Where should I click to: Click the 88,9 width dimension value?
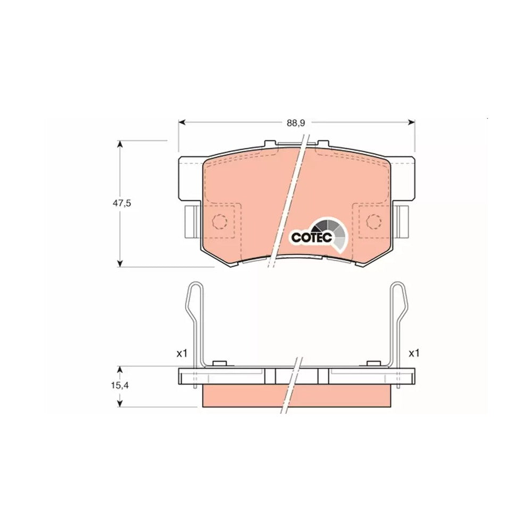(x=296, y=123)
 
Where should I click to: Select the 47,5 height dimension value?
(x=122, y=203)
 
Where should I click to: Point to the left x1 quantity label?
(x=182, y=354)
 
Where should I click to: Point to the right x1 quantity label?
(x=414, y=354)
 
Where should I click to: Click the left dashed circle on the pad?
(x=219, y=221)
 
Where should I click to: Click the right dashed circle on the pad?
(x=373, y=221)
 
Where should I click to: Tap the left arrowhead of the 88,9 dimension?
(x=182, y=122)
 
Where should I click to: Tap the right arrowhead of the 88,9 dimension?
(x=411, y=122)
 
